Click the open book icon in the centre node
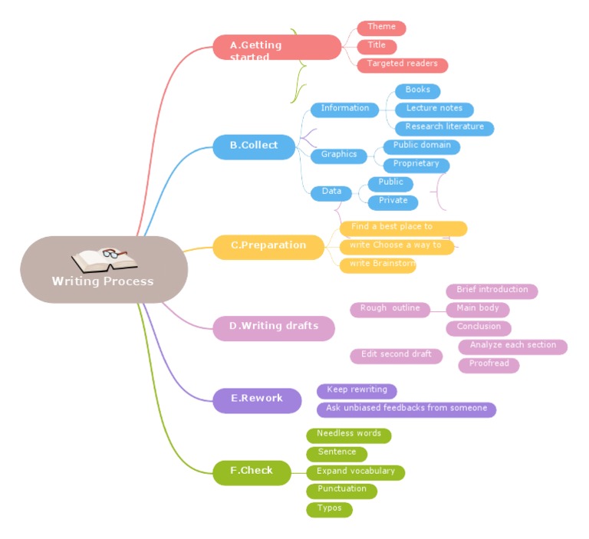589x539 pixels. coord(104,258)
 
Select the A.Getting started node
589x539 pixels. coord(276,48)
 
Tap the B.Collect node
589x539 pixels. coord(255,146)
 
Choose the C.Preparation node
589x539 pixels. coord(268,246)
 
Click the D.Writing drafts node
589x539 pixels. coord(274,327)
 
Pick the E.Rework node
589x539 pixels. coord(257,399)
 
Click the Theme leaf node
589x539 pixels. coord(381,28)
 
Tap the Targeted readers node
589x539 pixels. coord(402,64)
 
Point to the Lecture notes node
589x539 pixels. coord(434,109)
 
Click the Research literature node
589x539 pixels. coord(444,127)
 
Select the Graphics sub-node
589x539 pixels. coord(339,155)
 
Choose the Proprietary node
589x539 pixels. coord(416,164)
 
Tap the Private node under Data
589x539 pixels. coord(393,202)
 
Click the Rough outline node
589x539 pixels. coord(390,309)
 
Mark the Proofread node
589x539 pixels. coord(489,364)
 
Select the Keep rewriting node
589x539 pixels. coord(357,390)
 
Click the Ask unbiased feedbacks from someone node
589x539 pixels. coord(406,409)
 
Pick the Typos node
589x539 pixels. coord(329,508)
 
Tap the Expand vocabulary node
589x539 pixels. coord(355,472)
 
